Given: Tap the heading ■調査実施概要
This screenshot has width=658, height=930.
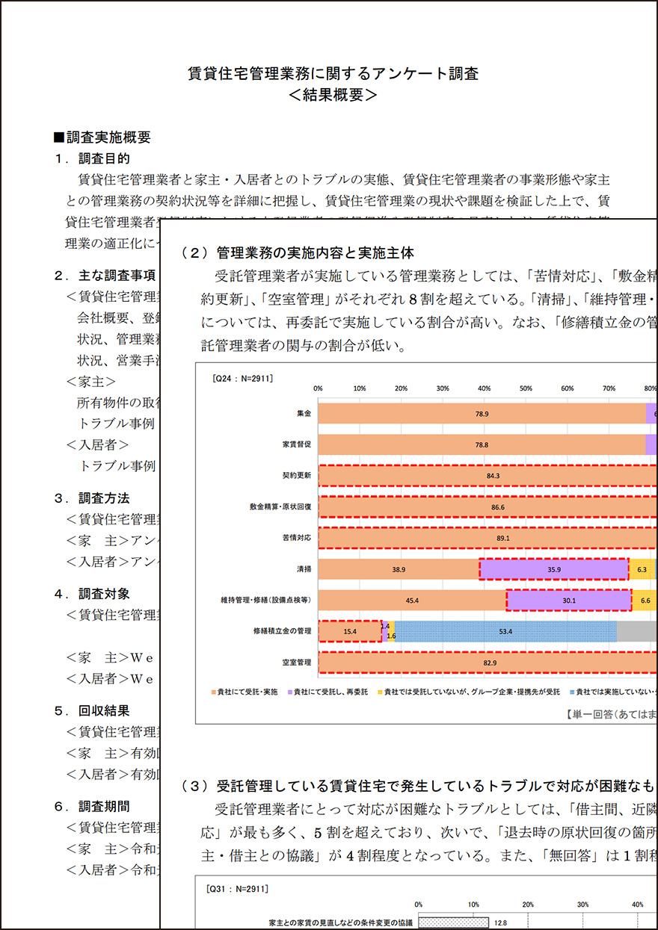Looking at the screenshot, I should coord(102,137).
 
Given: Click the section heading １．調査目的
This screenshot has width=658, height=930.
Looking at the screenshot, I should coord(93,158).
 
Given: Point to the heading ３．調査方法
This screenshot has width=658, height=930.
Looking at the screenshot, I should coord(93,497).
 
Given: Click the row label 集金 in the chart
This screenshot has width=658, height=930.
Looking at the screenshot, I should coord(304,413).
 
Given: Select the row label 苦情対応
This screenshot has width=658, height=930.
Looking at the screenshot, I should coord(298,538).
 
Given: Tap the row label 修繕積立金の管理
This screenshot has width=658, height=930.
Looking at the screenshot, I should coord(282,631).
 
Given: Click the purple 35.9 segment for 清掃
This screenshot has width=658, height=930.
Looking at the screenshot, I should coord(553,569).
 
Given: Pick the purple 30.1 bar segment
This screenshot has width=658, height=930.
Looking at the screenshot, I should coord(568,600).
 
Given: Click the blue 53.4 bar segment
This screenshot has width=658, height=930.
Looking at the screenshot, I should coord(506,631).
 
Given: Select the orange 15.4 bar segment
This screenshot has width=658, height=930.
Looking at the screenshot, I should coord(350,631).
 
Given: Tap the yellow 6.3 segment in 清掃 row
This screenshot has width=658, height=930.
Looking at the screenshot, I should coord(642,569).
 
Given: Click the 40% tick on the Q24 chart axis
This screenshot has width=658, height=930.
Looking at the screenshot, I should coord(484,388).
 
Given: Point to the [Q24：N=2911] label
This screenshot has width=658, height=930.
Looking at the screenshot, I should coord(243,378).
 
